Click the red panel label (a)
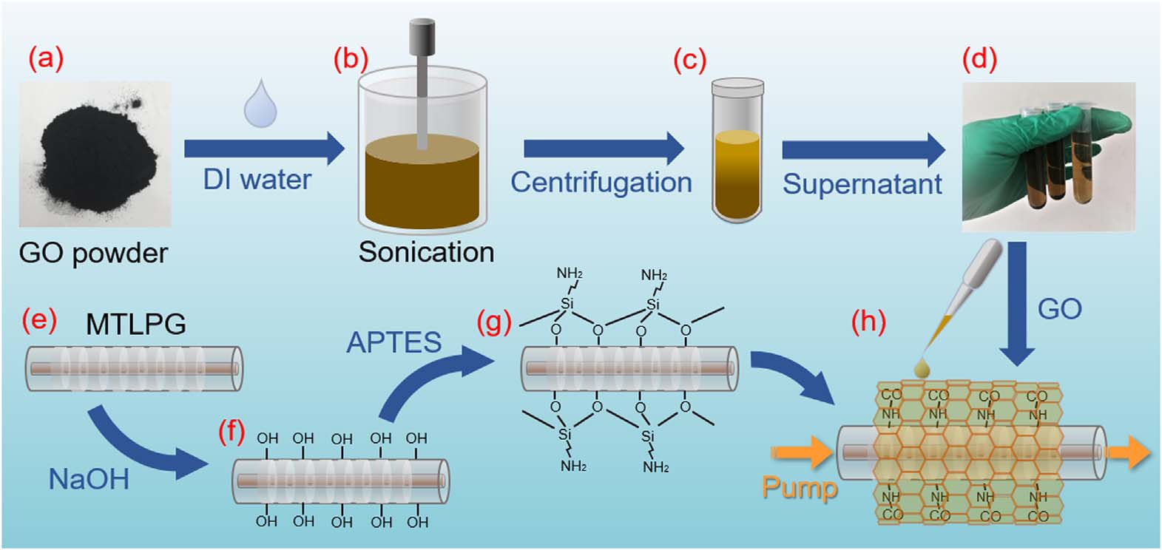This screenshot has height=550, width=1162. [46, 58]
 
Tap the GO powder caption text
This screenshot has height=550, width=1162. [93, 254]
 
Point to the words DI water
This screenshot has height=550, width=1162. [257, 180]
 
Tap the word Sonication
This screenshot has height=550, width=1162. [426, 253]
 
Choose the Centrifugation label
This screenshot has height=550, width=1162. [601, 183]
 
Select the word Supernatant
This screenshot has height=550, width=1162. [862, 184]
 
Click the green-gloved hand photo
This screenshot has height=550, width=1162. [1048, 155]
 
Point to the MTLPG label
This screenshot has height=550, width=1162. [136, 325]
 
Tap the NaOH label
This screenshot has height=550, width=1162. [89, 480]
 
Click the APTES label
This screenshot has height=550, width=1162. [394, 342]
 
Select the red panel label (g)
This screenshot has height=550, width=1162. [494, 322]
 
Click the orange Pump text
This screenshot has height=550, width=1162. [800, 487]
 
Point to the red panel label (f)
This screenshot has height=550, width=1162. [231, 431]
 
